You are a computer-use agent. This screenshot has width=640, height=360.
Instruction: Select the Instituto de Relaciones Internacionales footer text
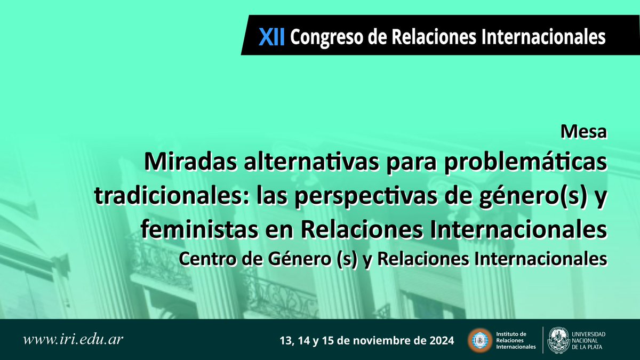(x=515, y=340)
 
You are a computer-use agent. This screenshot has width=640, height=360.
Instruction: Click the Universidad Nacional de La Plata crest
(x=559, y=340)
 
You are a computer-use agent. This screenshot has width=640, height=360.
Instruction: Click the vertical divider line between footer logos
(x=543, y=340)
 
